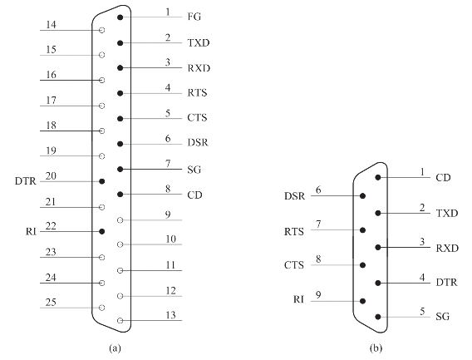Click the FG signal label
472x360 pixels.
(x=194, y=17)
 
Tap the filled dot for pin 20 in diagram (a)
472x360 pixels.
(x=102, y=181)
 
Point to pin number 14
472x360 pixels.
(x=51, y=24)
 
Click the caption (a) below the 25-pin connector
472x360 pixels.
(x=115, y=348)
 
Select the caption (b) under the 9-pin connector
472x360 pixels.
(x=376, y=348)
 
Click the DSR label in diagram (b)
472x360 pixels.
(x=294, y=196)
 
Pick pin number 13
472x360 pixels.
(x=170, y=315)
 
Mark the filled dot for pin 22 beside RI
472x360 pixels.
(x=102, y=231)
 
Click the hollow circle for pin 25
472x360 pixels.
(x=102, y=308)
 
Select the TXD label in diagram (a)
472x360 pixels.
(x=199, y=42)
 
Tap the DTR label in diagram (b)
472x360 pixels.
(x=447, y=283)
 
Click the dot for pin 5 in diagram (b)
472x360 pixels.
(x=378, y=317)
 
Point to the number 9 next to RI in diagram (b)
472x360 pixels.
(x=318, y=294)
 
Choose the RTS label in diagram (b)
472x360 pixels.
(x=294, y=232)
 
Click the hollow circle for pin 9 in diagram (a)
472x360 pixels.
(x=120, y=220)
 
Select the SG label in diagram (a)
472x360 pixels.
(x=194, y=170)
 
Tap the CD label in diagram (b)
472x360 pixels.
(x=443, y=178)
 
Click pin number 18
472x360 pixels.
(x=51, y=125)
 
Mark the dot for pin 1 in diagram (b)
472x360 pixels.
(x=378, y=177)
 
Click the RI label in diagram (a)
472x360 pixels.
(x=31, y=232)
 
